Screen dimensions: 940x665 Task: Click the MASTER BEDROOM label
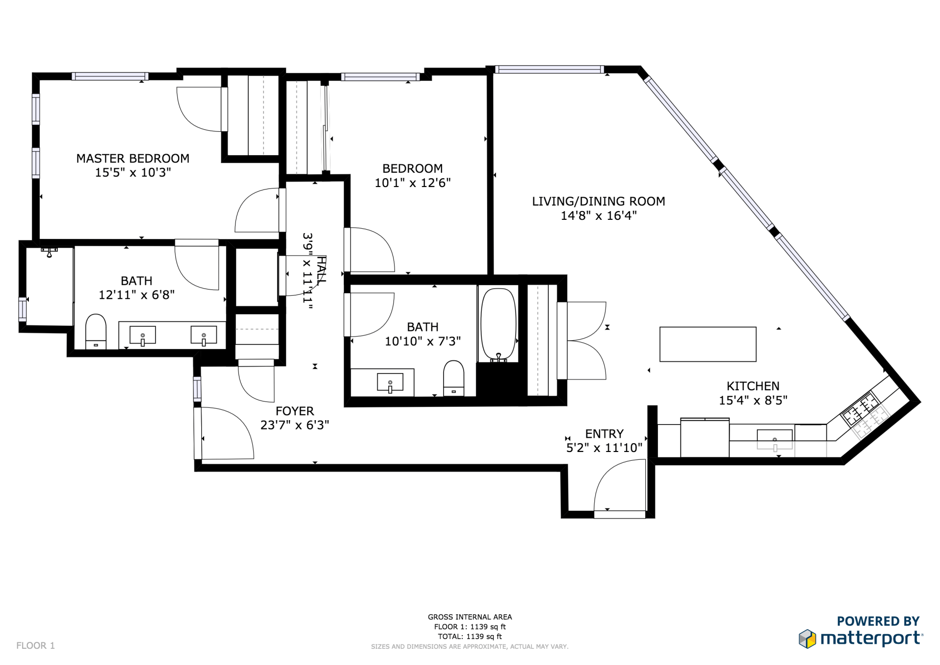tap(133, 159)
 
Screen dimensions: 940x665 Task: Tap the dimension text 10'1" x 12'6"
tap(413, 183)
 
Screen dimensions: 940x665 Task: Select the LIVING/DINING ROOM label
tap(598, 201)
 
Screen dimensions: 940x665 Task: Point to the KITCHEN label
tap(753, 386)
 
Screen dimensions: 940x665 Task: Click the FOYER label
tap(295, 411)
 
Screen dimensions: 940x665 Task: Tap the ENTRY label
tap(604, 434)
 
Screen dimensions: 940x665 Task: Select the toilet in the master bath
tap(96, 332)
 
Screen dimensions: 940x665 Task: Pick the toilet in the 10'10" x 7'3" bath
tap(453, 378)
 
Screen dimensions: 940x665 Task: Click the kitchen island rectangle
tap(708, 344)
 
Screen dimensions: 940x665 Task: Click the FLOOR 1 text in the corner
tap(36, 646)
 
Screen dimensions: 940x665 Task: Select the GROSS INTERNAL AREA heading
tap(470, 617)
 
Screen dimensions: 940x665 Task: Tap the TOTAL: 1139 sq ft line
tap(470, 637)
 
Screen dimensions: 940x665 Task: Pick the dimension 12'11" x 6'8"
tap(137, 295)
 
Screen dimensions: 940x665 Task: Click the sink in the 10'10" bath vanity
tap(390, 382)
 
